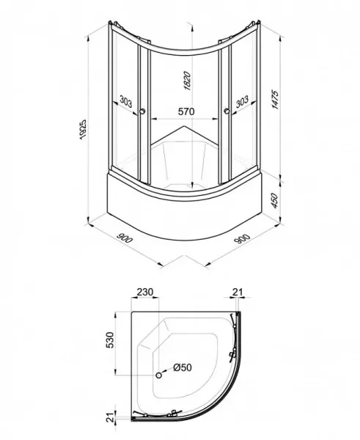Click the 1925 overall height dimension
pos(83,130)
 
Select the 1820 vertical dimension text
pos(188,81)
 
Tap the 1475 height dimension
pos(275,100)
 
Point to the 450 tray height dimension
pos(275,201)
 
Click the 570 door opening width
pos(186,111)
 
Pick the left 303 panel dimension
pos(125,101)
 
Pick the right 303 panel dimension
pos(242,102)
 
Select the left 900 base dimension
pos(125,238)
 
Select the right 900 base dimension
pos(242,238)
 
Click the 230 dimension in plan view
pos(145,292)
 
